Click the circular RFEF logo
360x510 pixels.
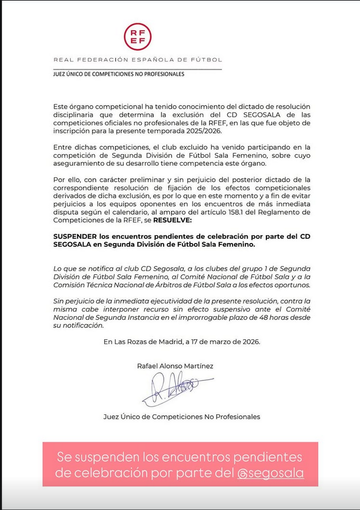tap(137, 37)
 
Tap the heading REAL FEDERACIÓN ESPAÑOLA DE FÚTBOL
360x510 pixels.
tap(137, 60)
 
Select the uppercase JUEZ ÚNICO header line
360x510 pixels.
tap(119, 74)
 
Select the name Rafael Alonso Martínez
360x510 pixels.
tap(175, 366)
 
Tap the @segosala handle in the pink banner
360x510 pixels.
tap(271, 473)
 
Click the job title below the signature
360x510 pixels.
tap(182, 416)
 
